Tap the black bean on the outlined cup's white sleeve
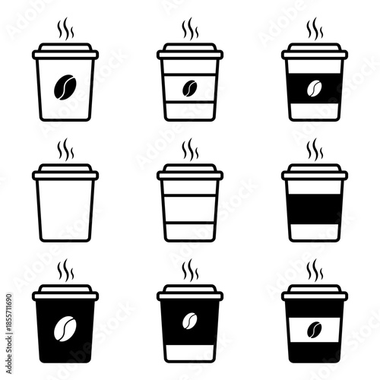[x=189, y=89]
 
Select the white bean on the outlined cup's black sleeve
[x=314, y=89]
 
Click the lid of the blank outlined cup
[x=65, y=173]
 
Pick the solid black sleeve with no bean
[x=314, y=208]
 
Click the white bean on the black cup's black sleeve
[x=189, y=320]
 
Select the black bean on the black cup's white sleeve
[x=314, y=328]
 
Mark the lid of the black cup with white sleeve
[x=314, y=293]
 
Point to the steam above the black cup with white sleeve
[x=314, y=270]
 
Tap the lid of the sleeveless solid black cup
[x=65, y=293]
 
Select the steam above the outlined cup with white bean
[x=314, y=30]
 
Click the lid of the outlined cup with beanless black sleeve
[x=314, y=173]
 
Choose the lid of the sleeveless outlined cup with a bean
[x=65, y=53]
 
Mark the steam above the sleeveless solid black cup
[x=65, y=270]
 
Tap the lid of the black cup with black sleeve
[x=189, y=293]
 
